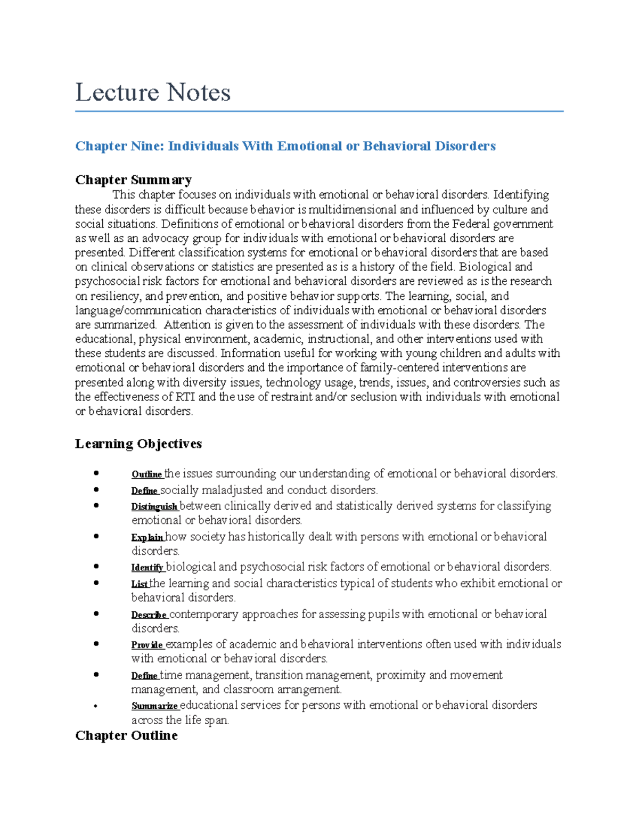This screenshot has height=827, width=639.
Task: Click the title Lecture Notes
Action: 153,92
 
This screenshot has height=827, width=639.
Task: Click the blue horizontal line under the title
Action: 319,111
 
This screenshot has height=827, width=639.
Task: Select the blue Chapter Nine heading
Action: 285,146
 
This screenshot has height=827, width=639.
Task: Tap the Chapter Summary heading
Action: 133,179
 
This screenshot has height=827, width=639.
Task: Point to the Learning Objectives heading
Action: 138,444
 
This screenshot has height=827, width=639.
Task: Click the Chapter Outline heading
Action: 126,735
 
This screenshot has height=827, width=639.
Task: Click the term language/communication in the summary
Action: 138,310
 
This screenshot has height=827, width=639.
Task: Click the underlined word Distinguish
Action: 154,506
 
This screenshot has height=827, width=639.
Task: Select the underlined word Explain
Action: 148,537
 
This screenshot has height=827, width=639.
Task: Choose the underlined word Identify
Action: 148,568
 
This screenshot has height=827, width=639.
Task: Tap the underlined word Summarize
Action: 154,706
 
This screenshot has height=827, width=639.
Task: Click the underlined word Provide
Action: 148,645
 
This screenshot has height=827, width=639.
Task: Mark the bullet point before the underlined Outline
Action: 96,473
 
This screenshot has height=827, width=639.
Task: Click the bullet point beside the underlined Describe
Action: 96,613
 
